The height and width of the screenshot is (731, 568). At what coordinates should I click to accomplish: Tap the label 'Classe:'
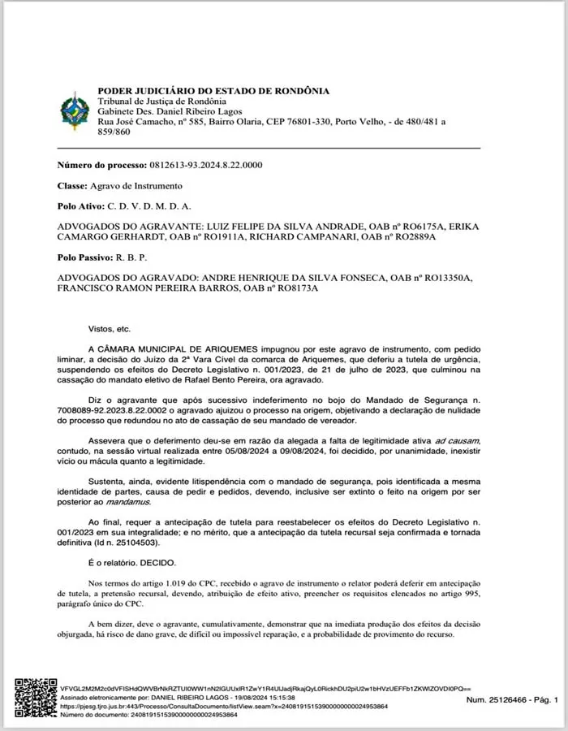[x=74, y=186]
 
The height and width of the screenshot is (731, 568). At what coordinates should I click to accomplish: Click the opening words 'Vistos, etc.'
[x=109, y=329]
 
